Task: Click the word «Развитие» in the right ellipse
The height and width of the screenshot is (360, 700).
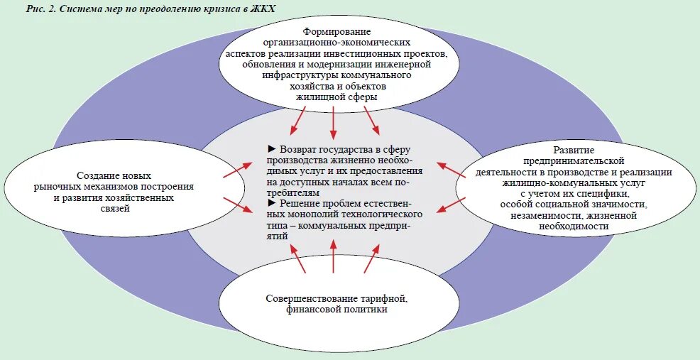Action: point(574,150)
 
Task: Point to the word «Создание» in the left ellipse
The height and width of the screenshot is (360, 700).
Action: point(96,175)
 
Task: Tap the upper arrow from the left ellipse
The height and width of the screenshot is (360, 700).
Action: point(237,170)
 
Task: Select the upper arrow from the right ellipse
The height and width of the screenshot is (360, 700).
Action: point(450,170)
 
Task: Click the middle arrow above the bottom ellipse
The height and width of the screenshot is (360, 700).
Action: point(334,256)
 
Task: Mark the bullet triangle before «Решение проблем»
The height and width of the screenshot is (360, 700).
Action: point(271,203)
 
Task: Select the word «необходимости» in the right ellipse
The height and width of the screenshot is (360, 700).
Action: point(574,226)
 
